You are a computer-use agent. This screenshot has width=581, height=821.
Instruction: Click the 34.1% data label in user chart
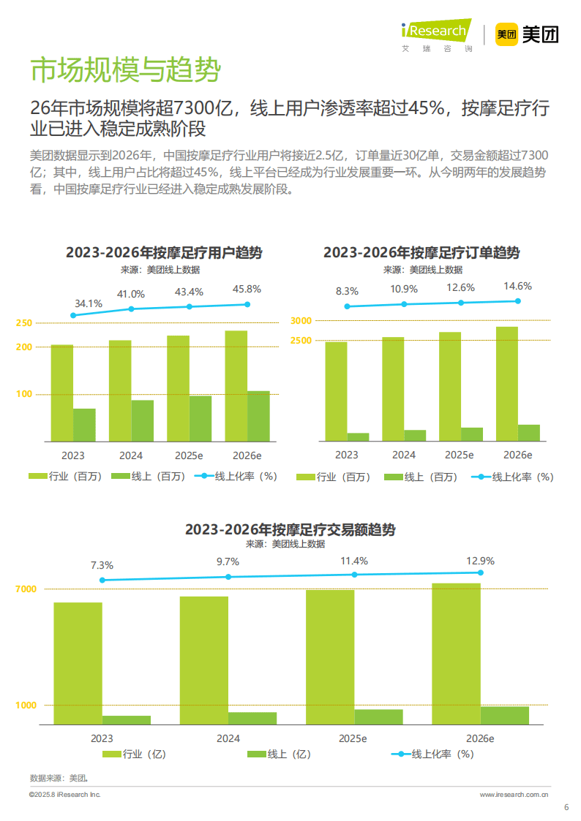click(x=89, y=303)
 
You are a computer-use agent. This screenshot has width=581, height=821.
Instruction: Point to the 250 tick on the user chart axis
click(x=24, y=323)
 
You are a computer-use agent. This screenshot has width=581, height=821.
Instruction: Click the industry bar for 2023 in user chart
click(x=62, y=393)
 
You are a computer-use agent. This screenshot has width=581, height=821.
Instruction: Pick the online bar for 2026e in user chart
click(x=258, y=416)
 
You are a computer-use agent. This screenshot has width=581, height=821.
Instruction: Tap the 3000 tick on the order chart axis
click(x=301, y=321)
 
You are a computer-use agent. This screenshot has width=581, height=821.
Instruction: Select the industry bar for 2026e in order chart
click(x=506, y=384)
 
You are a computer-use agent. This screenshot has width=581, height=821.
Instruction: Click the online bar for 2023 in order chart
click(x=358, y=437)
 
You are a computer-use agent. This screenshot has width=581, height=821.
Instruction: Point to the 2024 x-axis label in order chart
click(x=403, y=455)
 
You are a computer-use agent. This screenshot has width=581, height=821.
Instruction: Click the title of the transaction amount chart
click(x=290, y=529)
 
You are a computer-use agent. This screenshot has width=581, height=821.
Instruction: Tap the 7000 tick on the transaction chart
click(x=26, y=589)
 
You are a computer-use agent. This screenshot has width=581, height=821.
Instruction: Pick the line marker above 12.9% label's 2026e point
click(x=481, y=572)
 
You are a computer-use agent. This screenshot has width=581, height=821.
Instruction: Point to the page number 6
click(x=566, y=807)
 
